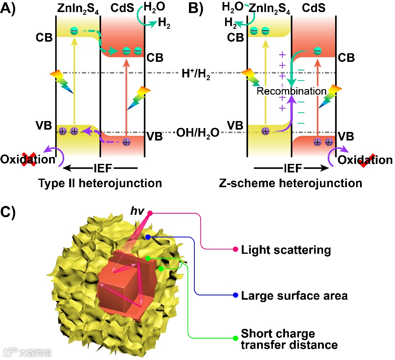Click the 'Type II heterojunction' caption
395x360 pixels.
click(100, 183)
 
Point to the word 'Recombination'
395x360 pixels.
click(292, 91)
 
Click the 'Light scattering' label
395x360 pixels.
click(286, 249)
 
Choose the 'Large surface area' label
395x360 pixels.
click(294, 296)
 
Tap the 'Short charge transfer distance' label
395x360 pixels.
click(289, 339)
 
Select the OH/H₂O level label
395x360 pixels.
click(198, 133)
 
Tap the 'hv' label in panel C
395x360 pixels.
click(138, 211)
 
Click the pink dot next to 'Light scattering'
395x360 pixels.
click(235, 249)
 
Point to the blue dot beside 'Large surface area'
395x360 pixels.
click(235, 295)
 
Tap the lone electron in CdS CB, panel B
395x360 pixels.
click(318, 50)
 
